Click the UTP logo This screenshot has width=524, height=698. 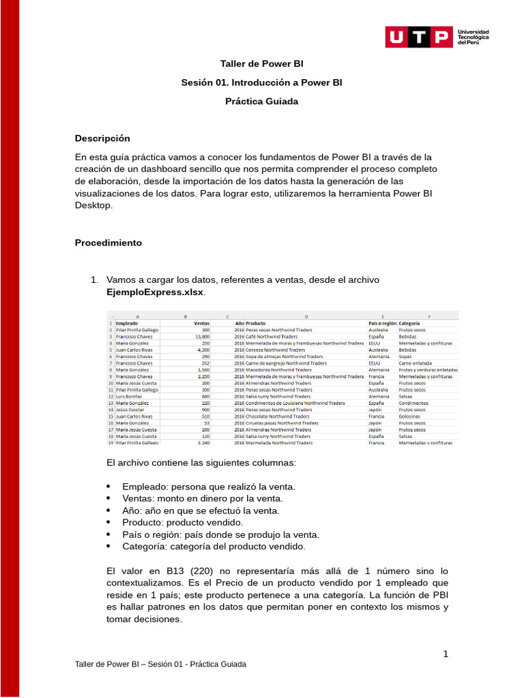click(x=418, y=37)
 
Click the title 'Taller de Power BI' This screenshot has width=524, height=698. click(x=261, y=64)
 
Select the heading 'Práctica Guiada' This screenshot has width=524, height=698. click(x=261, y=102)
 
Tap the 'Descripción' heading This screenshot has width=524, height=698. click(x=102, y=138)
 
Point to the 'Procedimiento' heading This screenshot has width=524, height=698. click(x=108, y=243)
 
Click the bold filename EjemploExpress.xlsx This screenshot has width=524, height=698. click(x=155, y=292)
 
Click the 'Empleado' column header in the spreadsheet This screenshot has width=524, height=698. click(x=127, y=323)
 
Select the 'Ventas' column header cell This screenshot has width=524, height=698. click(x=201, y=323)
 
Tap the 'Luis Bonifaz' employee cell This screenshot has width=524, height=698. click(x=130, y=396)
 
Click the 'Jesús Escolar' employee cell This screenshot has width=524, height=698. click(x=131, y=410)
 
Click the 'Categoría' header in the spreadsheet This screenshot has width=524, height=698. click(x=409, y=323)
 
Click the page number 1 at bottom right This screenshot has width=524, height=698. click(x=446, y=654)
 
